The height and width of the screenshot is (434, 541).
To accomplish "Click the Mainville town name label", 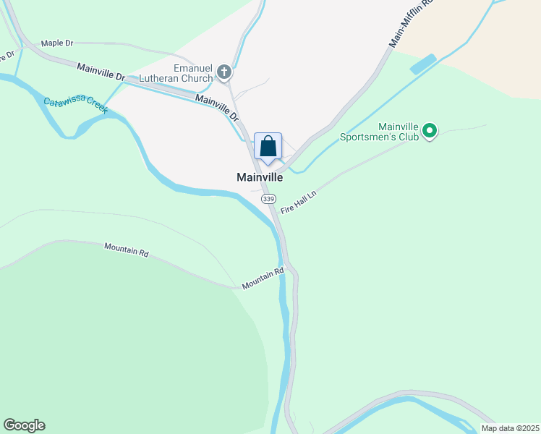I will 259,176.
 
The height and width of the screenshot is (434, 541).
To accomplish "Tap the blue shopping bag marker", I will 268,147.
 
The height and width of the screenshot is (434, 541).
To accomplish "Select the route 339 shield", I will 268,199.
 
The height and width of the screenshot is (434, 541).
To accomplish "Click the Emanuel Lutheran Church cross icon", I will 224,72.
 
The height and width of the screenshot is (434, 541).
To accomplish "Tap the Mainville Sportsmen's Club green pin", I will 430,131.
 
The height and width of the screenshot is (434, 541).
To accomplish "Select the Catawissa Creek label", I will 75,106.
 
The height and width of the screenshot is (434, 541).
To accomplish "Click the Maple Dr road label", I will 58,43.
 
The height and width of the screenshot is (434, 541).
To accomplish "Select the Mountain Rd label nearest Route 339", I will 263,278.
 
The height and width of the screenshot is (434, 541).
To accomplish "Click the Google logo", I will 24,425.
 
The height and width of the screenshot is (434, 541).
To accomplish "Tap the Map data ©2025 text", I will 509,428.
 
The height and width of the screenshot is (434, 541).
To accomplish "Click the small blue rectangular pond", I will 423,64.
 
